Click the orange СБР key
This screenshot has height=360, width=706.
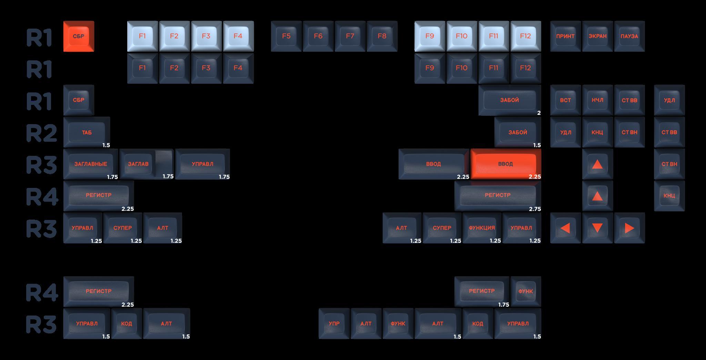pyautogui.click(x=79, y=36)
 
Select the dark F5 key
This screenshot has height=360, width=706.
pyautogui.click(x=286, y=36)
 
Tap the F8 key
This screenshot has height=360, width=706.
pyautogui.click(x=382, y=36)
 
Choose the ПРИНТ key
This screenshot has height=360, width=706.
pyautogui.click(x=565, y=36)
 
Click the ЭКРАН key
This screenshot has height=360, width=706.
pyautogui.click(x=597, y=36)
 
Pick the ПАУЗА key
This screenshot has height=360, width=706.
pyautogui.click(x=629, y=36)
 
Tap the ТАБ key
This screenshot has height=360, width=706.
pyautogui.click(x=87, y=132)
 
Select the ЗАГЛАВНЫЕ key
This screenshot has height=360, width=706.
pyautogui.click(x=91, y=164)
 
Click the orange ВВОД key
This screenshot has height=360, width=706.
pyautogui.click(x=505, y=164)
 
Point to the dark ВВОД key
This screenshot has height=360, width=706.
pyautogui.click(x=433, y=164)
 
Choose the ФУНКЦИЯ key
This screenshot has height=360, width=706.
pyautogui.click(x=482, y=228)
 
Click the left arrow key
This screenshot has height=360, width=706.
pyautogui.click(x=565, y=228)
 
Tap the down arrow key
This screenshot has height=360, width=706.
pyautogui.click(x=597, y=228)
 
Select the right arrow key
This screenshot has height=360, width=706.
pyautogui.click(x=629, y=228)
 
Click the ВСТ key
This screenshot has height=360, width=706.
pyautogui.click(x=565, y=100)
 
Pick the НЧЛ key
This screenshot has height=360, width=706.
pyautogui.click(x=597, y=100)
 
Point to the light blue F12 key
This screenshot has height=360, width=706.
pyautogui.click(x=525, y=36)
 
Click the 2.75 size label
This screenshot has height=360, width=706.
pyautogui.click(x=535, y=209)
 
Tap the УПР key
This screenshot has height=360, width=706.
pyautogui.click(x=334, y=323)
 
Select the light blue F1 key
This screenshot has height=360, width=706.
pyautogui.click(x=142, y=36)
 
